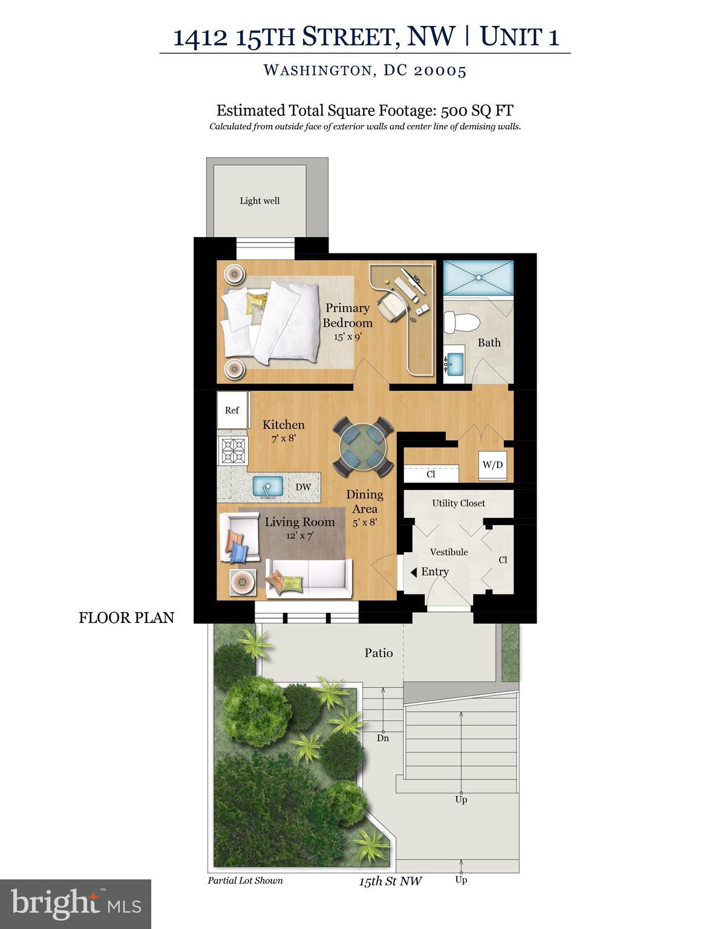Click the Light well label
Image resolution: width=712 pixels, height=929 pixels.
260,201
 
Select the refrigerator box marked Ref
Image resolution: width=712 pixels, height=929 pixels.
232,410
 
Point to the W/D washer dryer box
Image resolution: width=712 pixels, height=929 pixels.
492,465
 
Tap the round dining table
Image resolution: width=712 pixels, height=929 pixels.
363,446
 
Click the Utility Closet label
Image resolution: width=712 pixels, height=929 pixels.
459,503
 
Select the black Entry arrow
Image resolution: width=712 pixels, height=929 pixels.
414,572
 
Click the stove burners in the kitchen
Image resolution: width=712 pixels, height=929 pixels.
233,451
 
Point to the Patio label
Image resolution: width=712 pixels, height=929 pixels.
379,653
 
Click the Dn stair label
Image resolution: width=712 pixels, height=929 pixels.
383,738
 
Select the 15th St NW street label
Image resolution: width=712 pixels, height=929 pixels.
390,881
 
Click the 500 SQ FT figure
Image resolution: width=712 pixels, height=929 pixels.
477,111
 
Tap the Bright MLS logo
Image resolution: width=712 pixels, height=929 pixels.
76,904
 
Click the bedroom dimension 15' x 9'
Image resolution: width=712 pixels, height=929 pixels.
347,336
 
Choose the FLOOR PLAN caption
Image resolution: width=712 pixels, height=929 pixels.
126,618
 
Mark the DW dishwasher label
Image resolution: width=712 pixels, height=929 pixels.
303,487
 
